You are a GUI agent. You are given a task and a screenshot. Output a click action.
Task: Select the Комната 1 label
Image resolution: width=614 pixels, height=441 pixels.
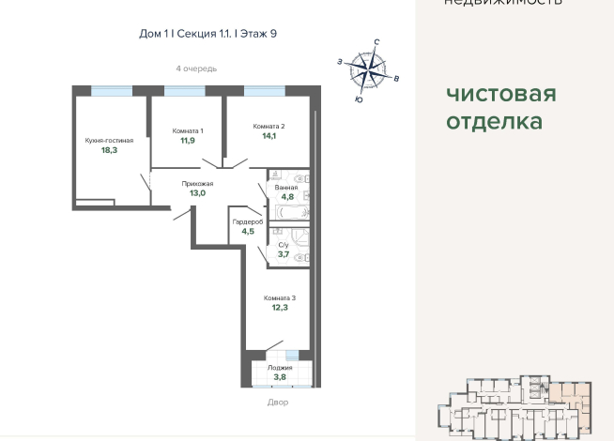click(x=188, y=130)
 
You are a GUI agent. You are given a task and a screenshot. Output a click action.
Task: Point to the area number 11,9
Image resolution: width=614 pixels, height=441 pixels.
click(x=188, y=141)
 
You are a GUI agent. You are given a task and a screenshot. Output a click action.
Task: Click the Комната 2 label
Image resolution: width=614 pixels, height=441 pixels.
click(x=269, y=126)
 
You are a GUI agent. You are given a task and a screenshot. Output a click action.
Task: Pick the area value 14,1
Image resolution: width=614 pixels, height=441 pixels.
click(x=269, y=136)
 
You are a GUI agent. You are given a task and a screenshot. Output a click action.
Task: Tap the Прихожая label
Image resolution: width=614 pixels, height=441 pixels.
click(x=197, y=184)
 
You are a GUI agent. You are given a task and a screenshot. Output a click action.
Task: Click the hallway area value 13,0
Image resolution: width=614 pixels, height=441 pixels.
click(x=197, y=193)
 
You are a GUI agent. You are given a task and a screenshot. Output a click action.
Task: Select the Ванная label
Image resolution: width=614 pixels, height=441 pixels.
click(x=286, y=188)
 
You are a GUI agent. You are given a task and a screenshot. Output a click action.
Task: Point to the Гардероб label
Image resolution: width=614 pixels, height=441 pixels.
click(x=248, y=221)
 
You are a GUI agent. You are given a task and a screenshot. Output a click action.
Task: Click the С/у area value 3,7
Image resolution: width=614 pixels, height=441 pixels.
click(x=284, y=254)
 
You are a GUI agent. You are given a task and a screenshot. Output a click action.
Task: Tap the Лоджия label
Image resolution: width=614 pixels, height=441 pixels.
click(x=279, y=368)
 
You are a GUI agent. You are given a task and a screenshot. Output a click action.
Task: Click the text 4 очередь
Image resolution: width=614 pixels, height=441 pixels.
click(x=196, y=69)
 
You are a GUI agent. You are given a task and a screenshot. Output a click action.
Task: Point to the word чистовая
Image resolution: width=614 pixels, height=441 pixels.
click(x=500, y=95)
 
